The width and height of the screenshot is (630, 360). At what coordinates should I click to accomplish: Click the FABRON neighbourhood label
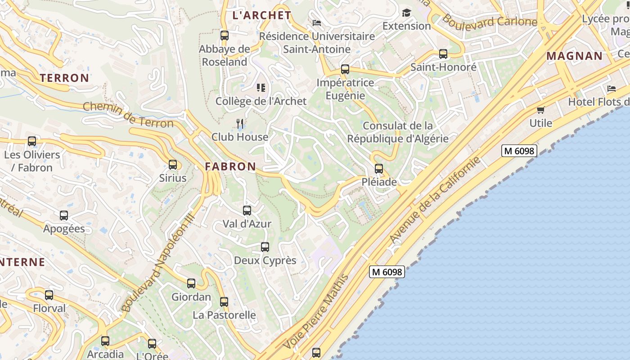230,166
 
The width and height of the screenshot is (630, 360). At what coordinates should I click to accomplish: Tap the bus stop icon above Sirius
173,165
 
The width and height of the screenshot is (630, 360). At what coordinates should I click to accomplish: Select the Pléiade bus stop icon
379,169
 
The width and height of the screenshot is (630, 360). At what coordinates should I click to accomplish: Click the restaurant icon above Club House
240,123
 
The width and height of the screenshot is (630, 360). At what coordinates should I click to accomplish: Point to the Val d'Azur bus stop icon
247,210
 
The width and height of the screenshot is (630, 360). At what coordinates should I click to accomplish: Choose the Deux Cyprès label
265,260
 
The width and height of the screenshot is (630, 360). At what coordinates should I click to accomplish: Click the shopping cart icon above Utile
540,110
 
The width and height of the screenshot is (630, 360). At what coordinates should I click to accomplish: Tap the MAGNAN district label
574,56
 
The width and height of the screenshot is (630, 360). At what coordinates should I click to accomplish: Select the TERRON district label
64,78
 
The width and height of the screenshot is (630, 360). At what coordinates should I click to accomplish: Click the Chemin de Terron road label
128,114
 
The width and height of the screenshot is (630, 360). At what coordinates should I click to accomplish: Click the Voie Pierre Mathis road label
316,311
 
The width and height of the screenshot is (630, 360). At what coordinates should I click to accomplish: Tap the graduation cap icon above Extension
406,13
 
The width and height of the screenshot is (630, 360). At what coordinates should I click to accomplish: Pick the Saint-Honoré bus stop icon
443,54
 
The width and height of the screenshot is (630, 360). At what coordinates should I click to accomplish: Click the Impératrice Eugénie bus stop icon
345,69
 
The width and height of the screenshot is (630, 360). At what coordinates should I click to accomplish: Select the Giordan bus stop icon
191,283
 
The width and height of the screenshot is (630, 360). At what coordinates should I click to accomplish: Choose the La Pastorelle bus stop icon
224,302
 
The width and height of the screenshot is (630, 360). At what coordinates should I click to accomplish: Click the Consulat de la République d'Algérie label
398,132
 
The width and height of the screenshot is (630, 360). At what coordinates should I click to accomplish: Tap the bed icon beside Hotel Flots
611,89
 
